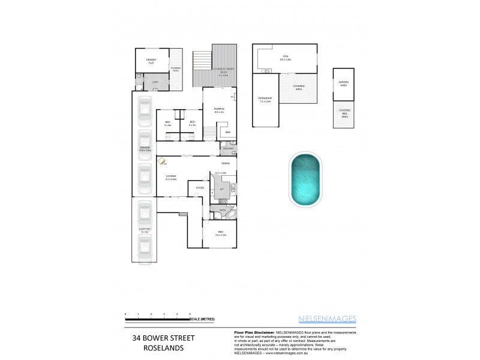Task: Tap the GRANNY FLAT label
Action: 151,62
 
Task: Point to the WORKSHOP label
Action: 265,99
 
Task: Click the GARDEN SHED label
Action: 343,85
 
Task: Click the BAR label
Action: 227,132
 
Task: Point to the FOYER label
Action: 200,188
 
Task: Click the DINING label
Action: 226,163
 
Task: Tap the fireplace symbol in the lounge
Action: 162,161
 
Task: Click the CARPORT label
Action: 144,230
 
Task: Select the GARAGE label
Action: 144,149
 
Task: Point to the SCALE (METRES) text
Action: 203,319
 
